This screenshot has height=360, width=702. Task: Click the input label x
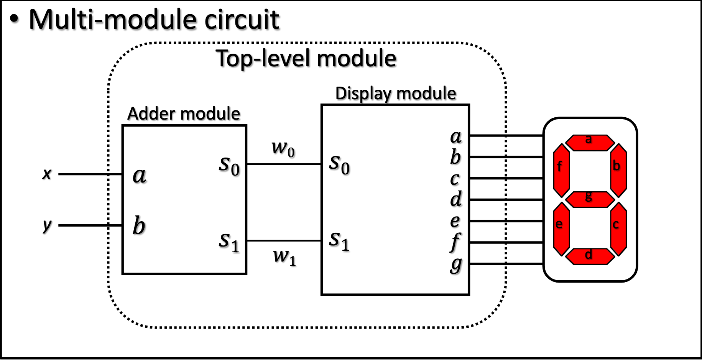click(47, 174)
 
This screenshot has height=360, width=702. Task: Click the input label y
click(47, 225)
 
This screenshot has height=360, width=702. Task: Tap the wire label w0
click(283, 148)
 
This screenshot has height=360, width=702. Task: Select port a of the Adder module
click(140, 176)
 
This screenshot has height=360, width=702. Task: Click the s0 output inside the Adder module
click(229, 165)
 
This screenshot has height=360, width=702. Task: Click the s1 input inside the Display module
click(339, 241)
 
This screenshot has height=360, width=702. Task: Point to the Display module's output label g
click(456, 265)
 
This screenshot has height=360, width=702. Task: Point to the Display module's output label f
click(455, 242)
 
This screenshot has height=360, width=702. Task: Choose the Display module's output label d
click(456, 199)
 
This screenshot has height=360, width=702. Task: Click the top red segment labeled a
click(590, 143)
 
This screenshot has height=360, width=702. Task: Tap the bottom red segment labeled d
click(590, 256)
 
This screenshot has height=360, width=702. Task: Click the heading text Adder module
click(184, 114)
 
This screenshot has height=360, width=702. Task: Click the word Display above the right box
click(363, 94)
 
